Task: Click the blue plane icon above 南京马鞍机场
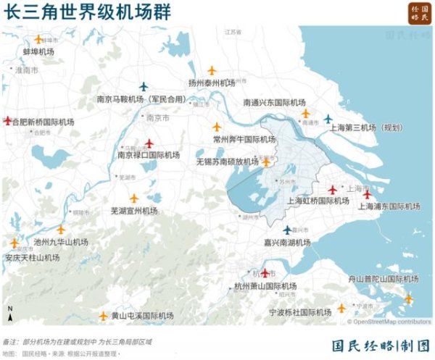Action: [143, 86]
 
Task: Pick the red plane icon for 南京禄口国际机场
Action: [149, 143]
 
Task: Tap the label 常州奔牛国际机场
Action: [244, 139]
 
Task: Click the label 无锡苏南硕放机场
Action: [228, 162]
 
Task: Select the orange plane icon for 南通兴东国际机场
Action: [305, 113]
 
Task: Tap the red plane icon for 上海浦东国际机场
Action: [367, 193]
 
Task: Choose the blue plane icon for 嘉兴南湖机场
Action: [286, 230]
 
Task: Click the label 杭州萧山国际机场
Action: [265, 287]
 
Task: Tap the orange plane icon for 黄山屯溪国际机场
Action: [103, 315]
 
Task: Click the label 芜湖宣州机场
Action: [133, 211]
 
